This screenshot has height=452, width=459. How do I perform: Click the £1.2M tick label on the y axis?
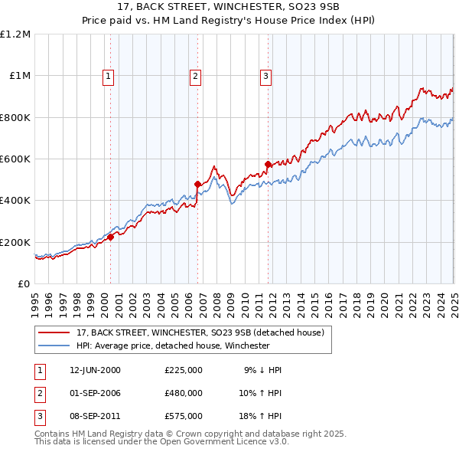point(15,34)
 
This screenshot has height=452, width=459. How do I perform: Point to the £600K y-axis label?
point(15,159)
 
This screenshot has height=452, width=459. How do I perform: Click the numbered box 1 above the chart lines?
point(109,76)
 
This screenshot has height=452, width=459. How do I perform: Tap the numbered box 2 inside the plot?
point(196,76)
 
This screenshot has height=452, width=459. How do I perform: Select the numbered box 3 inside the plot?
point(265,76)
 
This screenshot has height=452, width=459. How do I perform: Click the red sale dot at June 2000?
point(110,237)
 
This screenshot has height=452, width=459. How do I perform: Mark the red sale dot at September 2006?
point(197,184)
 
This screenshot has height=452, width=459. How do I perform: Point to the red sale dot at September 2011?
point(268,164)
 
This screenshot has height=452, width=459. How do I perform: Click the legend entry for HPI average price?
point(173,346)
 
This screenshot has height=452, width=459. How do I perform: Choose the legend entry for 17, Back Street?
point(200,332)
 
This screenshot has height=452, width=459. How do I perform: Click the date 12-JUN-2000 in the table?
point(95,370)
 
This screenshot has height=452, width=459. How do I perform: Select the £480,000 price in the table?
point(184,393)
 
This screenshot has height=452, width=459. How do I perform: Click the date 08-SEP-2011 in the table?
point(95,416)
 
